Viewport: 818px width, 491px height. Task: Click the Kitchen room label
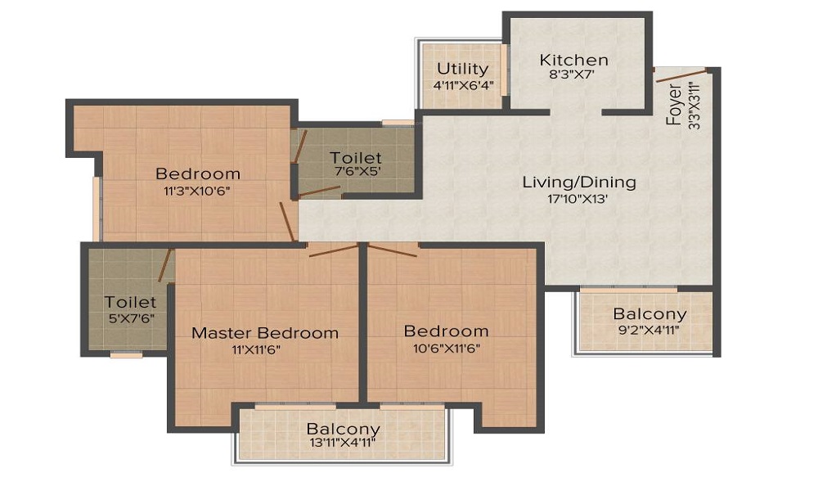(x=574, y=60)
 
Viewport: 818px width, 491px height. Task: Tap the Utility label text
(x=463, y=69)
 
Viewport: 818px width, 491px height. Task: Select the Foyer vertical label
(x=674, y=105)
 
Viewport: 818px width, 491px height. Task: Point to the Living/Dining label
(x=580, y=182)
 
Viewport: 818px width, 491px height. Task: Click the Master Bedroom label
(x=265, y=333)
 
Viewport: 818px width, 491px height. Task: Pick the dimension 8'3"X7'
(x=573, y=74)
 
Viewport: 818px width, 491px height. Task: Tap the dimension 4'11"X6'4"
(x=463, y=84)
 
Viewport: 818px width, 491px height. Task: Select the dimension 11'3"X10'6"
(x=197, y=191)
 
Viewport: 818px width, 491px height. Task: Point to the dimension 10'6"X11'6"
(x=447, y=348)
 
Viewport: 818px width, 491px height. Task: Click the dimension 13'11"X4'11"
(x=343, y=444)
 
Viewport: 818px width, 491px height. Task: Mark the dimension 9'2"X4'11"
(x=649, y=330)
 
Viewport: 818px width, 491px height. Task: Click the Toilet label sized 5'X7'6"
(x=130, y=302)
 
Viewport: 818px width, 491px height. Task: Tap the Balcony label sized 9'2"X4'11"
(x=649, y=314)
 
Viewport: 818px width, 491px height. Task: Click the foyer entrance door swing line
(x=681, y=75)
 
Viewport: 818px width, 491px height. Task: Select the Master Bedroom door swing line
(x=334, y=250)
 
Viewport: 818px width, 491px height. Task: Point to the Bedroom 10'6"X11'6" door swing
(x=393, y=250)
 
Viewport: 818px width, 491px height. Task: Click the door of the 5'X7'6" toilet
(x=166, y=266)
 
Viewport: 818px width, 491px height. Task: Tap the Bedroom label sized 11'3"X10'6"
(x=198, y=173)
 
